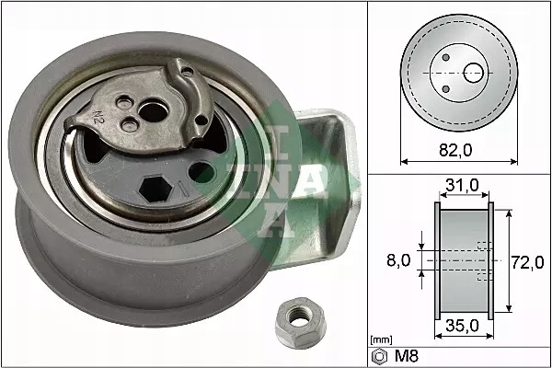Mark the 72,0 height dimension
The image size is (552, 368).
coord(527,261)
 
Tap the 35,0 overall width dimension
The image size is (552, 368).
coord(462,325)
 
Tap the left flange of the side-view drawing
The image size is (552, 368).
coord(438,261)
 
